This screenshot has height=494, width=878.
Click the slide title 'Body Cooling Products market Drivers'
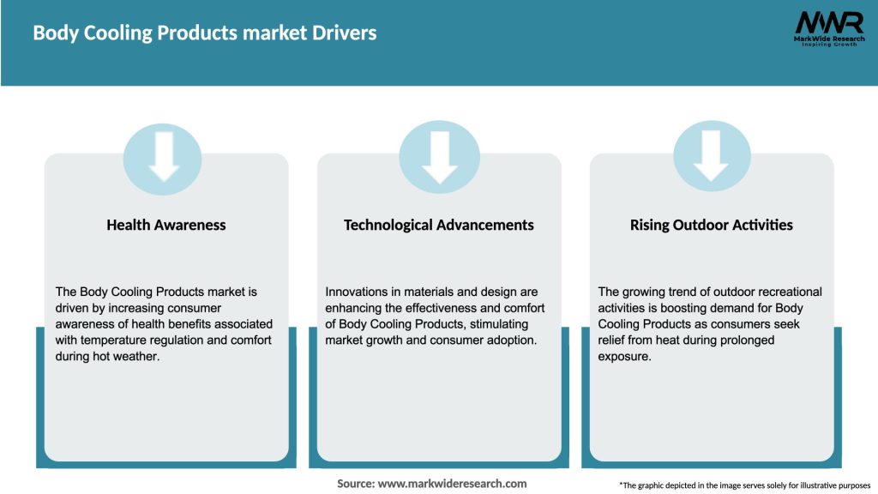click(204, 33)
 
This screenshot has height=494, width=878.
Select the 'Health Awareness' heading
click(166, 225)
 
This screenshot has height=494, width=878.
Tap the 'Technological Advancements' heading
click(438, 225)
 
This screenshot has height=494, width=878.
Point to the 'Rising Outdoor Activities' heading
click(711, 225)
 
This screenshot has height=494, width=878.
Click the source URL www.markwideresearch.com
click(452, 484)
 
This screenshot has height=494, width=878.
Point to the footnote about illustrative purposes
click(744, 485)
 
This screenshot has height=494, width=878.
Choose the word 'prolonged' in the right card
click(744, 340)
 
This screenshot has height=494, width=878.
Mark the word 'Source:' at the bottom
click(355, 484)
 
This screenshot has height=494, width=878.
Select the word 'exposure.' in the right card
click(624, 357)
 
